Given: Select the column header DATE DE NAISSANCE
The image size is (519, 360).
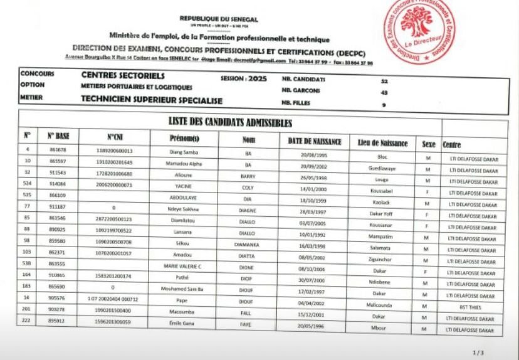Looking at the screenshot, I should (x=314, y=142).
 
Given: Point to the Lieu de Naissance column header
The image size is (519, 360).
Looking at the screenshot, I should (x=382, y=144).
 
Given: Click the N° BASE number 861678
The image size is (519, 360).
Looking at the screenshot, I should (x=57, y=151).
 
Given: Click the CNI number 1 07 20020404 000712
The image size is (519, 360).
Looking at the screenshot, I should (x=112, y=299).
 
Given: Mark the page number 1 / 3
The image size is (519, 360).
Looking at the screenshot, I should (x=478, y=352).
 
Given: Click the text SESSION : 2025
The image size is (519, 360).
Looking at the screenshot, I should (x=244, y=79).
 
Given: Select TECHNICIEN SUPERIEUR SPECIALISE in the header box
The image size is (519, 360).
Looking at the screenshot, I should (x=152, y=100).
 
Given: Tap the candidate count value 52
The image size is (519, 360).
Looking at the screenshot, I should (x=384, y=80).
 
